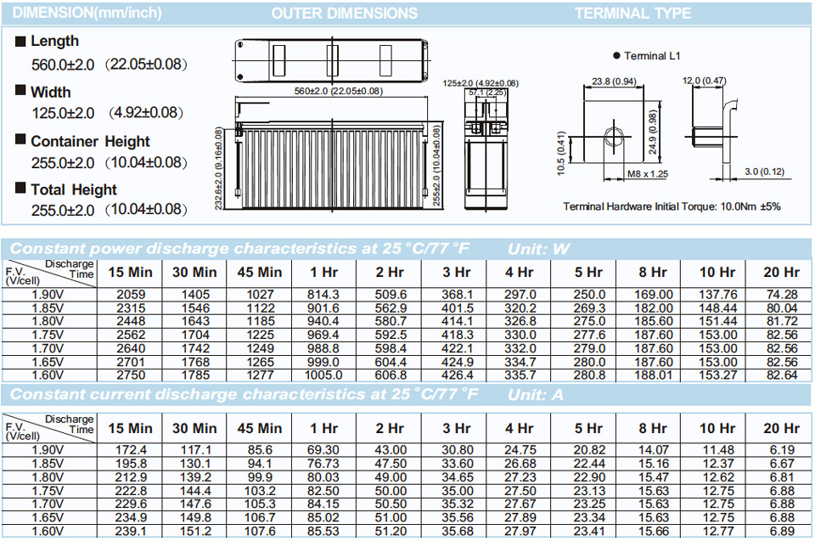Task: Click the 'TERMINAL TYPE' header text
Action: tap(632, 13)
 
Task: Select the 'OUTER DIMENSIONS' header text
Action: tap(344, 13)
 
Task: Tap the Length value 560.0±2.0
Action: tap(63, 65)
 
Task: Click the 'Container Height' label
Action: tap(91, 142)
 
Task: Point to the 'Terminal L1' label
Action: tap(652, 56)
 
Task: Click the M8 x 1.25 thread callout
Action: tap(647, 174)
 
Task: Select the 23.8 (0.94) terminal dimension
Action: tap(614, 82)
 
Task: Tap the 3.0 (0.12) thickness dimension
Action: tap(764, 172)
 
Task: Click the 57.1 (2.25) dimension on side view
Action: tap(486, 93)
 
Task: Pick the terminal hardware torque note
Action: tap(672, 206)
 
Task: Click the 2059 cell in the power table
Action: tap(131, 295)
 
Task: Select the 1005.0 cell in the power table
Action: tap(323, 375)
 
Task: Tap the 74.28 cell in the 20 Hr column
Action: tap(782, 295)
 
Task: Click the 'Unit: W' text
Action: tap(538, 249)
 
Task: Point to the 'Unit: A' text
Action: tap(536, 395)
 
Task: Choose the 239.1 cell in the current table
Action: tap(131, 531)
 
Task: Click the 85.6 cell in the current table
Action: tap(260, 450)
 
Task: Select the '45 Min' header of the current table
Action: tap(260, 428)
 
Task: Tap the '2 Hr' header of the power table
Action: tap(390, 272)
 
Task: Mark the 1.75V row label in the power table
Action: tap(48, 335)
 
